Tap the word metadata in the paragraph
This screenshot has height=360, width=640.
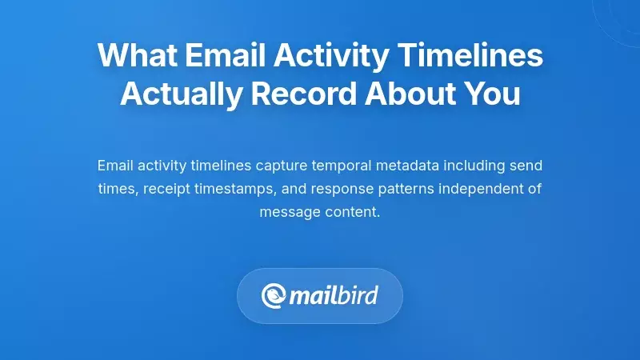(x=413, y=166)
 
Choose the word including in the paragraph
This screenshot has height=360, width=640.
(x=482, y=166)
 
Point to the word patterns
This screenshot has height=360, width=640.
(x=390, y=189)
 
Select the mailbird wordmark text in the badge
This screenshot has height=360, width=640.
(x=333, y=296)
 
